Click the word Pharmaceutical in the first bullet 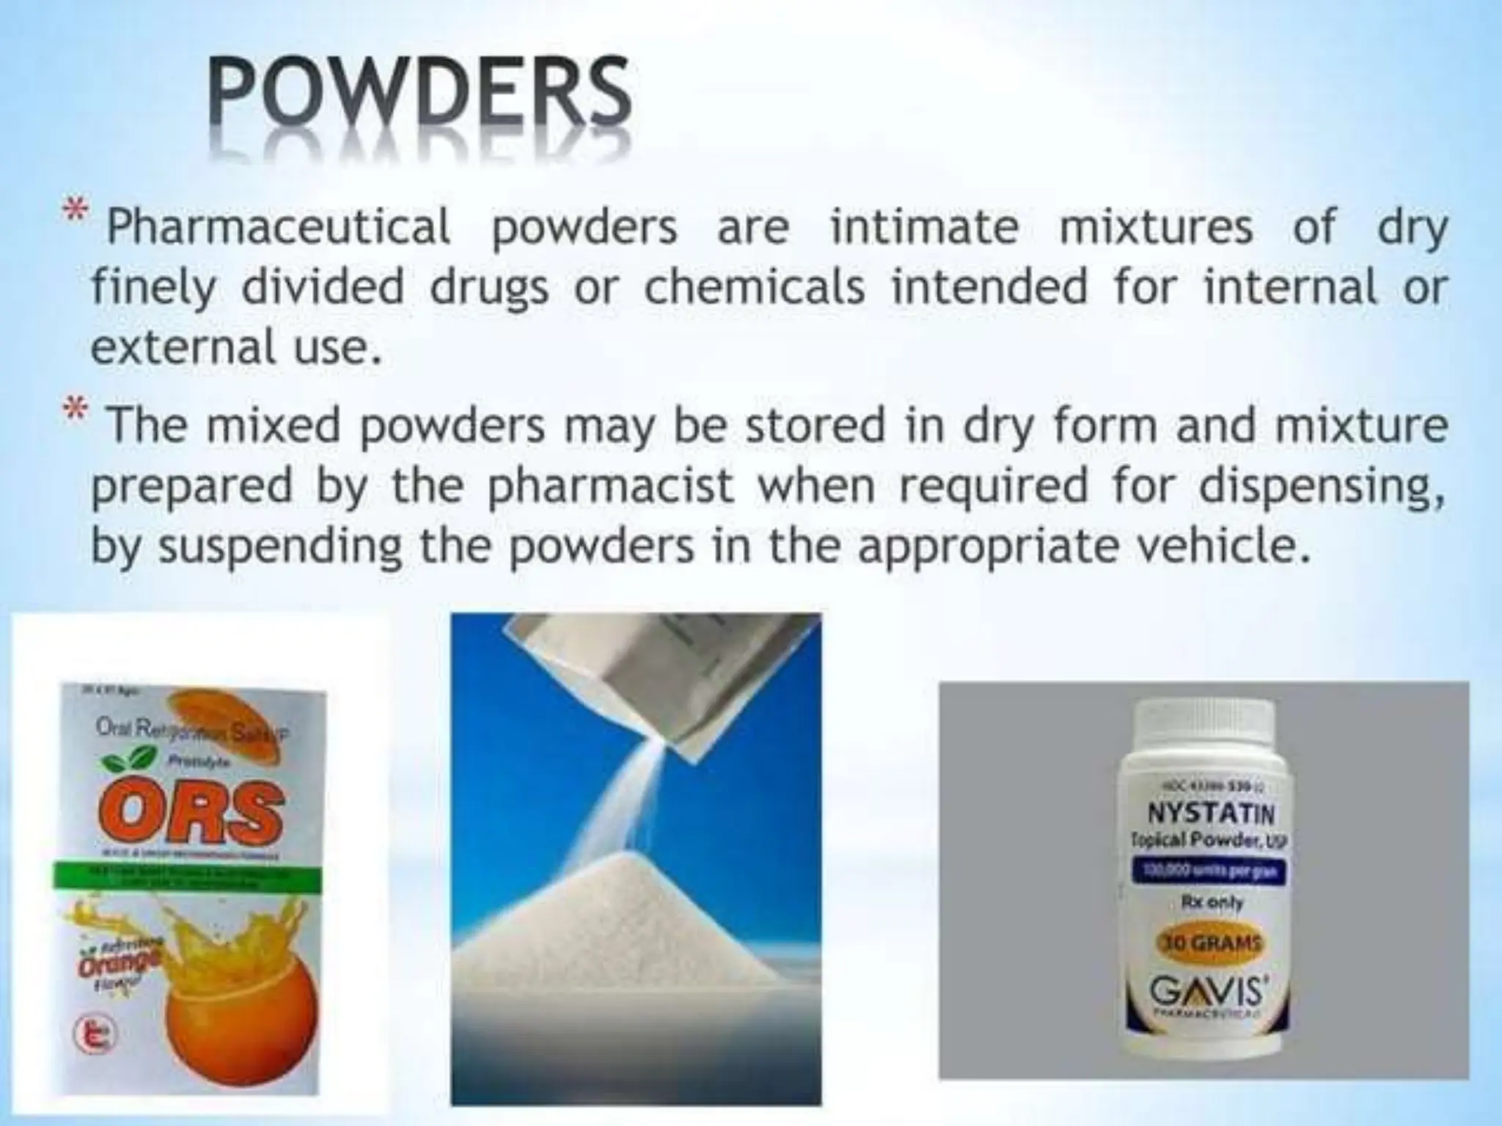click(x=278, y=227)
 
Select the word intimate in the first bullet click(x=924, y=225)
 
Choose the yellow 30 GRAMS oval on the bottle click(x=1206, y=943)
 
